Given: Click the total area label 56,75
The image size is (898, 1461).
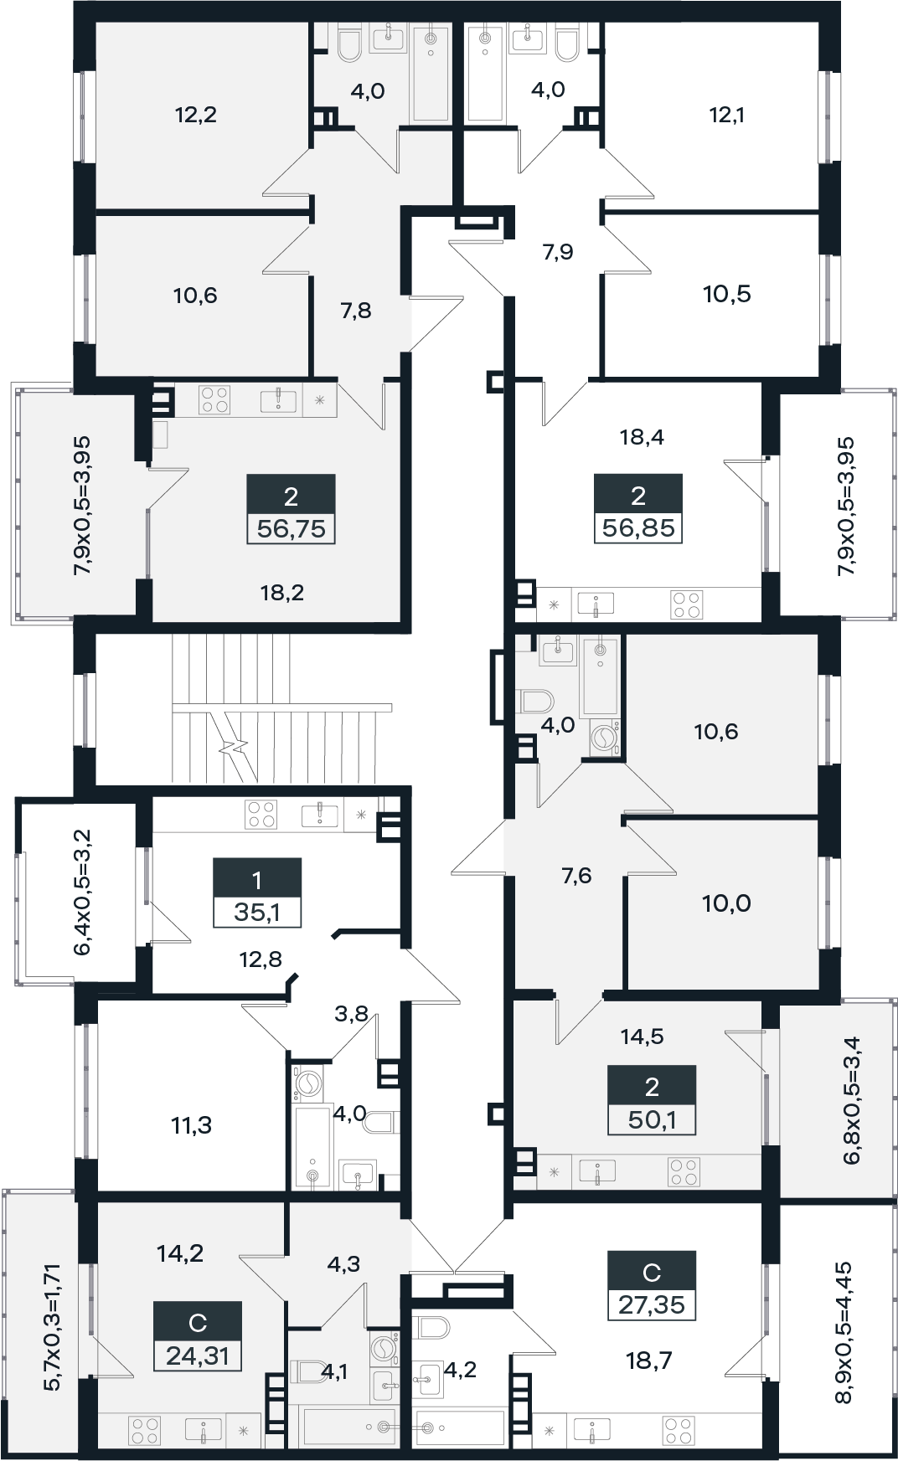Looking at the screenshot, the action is point(291,529).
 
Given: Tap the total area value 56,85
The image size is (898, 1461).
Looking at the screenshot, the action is point(638,529).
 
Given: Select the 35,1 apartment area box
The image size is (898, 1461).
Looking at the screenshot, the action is point(256,912).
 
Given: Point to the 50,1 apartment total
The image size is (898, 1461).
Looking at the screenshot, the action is point(652,1119).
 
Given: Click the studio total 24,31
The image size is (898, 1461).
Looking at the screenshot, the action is point(197,1355).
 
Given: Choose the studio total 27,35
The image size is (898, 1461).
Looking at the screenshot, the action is point(652,1304).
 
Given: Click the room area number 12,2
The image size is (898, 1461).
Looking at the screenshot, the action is point(196,115).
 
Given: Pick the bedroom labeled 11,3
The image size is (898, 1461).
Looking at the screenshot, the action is point(192,1126).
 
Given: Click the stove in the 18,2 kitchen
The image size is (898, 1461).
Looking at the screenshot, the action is point(214,399).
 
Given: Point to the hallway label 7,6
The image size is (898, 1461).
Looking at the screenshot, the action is point(576,876).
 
